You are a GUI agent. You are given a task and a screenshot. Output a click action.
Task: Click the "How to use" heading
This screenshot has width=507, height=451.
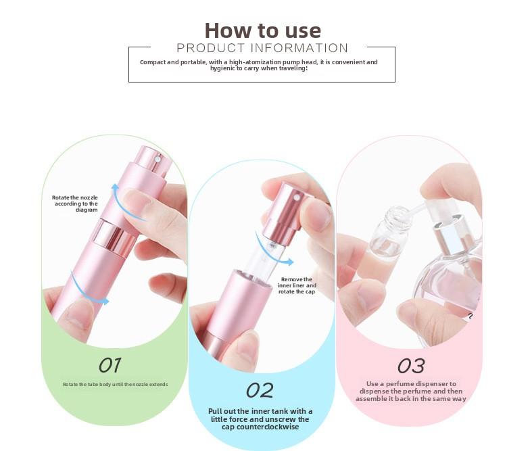pos(262,30)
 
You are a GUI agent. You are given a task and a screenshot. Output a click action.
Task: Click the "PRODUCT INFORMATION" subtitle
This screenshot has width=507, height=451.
pos(262,48)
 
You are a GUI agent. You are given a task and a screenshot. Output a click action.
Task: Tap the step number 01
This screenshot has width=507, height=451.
pos(110,365)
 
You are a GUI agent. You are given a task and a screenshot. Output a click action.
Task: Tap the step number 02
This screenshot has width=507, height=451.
pos(260,390)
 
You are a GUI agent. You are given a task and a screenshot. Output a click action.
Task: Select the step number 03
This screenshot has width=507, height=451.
pos(410,366)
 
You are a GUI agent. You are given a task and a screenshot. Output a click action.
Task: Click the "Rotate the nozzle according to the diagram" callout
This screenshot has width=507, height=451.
pos(75,204)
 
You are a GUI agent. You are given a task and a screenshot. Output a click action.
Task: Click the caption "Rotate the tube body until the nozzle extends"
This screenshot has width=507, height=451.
pos(115,385)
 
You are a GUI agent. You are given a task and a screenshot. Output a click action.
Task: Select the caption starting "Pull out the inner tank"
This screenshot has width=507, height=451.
pos(260,419)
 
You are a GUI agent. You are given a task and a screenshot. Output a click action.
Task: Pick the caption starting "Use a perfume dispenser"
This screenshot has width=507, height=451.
pos(411,391)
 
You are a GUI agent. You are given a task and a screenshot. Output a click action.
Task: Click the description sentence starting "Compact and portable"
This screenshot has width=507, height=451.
pos(259,65)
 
